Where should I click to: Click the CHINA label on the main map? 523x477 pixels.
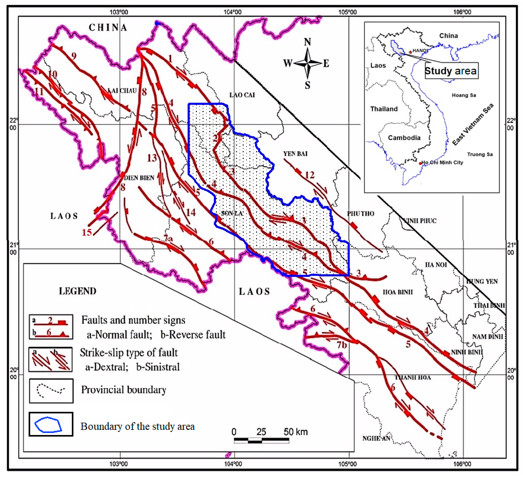click(x=108, y=28)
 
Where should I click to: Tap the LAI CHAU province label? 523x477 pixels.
click(x=122, y=91)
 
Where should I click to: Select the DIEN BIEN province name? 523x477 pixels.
click(x=139, y=178)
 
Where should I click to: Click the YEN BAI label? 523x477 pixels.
click(x=295, y=154)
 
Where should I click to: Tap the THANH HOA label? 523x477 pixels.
click(x=413, y=378)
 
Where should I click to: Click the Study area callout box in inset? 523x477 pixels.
click(x=451, y=71)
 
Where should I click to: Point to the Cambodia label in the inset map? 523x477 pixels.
click(x=404, y=138)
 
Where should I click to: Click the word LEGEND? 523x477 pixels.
click(x=78, y=291)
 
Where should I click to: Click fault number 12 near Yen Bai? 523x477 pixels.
click(x=309, y=175)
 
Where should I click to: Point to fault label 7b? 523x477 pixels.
click(x=342, y=345)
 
